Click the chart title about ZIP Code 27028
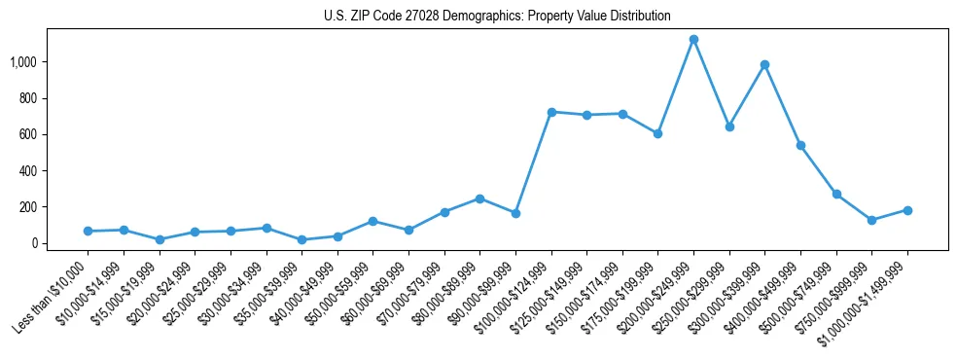497,17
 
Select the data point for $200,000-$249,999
693,40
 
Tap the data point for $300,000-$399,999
765,65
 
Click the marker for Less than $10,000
88,231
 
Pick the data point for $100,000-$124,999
551,112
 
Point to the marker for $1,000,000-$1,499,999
907,210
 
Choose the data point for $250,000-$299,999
729,126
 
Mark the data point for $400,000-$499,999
800,145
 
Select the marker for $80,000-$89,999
479,198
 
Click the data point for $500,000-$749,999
836,194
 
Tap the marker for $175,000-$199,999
658,133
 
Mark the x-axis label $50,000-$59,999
335,296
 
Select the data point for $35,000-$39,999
301,239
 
